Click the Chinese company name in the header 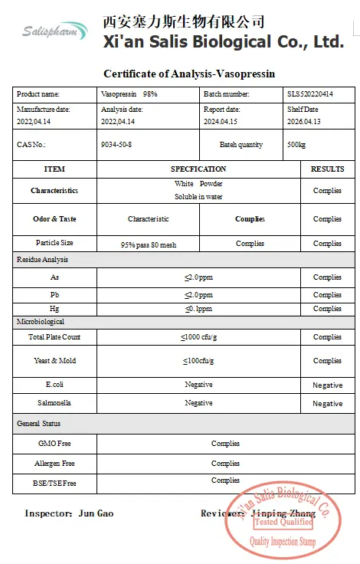(183, 21)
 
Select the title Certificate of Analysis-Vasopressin (188, 74)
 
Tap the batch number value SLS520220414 (310, 93)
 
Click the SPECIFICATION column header (198, 169)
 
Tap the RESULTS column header (327, 169)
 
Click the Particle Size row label (54, 243)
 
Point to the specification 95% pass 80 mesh (149, 244)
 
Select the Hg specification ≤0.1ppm (198, 309)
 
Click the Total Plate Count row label (54, 337)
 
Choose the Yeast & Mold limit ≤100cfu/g (198, 360)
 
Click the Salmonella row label (54, 403)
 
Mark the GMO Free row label (54, 444)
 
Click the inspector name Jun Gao (96, 513)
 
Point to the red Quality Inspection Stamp (283, 521)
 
